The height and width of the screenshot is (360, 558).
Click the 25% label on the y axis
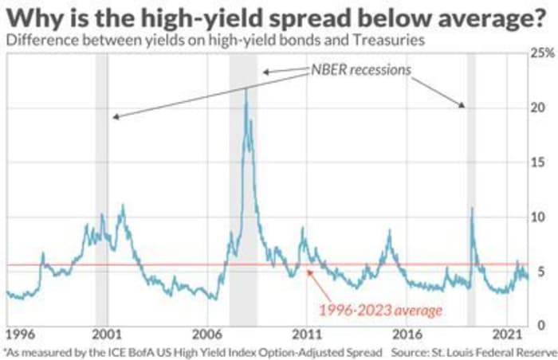coord(542,53)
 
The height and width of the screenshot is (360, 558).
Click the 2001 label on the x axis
coord(106,333)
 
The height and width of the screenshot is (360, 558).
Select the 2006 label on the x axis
coord(206,333)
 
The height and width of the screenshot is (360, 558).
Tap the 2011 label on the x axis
coord(307,333)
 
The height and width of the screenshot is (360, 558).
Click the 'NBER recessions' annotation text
coord(360,71)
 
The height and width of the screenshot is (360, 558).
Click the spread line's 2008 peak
coord(246,89)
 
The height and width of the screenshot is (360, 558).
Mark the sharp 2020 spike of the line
coord(472,209)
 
